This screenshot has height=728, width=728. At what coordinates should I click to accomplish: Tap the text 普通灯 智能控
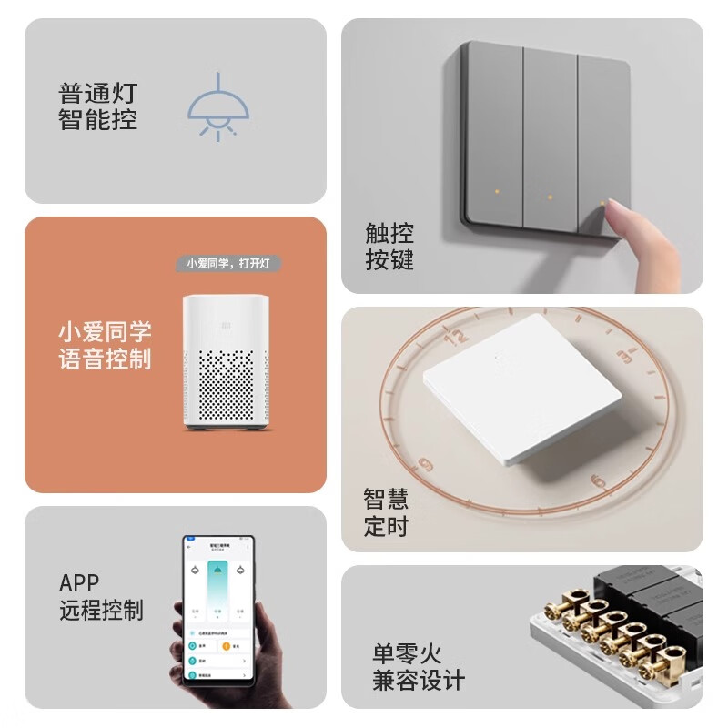(98, 106)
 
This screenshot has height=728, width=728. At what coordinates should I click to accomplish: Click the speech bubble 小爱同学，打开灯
(228, 263)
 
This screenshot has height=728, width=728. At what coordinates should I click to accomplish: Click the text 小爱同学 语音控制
(105, 345)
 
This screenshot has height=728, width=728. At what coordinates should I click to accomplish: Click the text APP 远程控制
(101, 596)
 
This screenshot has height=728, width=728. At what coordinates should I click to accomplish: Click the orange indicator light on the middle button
(550, 196)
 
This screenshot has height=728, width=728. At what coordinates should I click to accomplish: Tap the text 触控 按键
(389, 247)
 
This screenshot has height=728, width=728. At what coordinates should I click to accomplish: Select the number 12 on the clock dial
(454, 336)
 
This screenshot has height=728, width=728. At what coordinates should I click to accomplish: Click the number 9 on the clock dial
(425, 467)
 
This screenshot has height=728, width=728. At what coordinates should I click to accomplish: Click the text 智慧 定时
(386, 512)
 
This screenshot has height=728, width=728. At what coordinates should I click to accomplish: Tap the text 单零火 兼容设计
(418, 666)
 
